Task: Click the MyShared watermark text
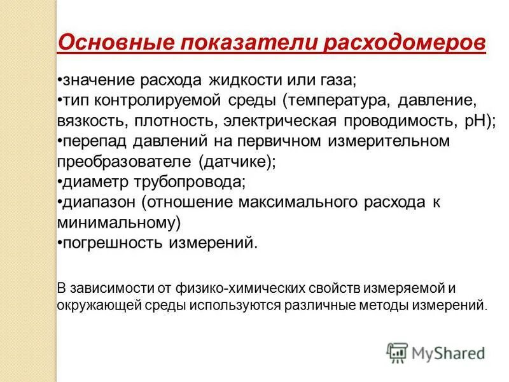tap(449, 352)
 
